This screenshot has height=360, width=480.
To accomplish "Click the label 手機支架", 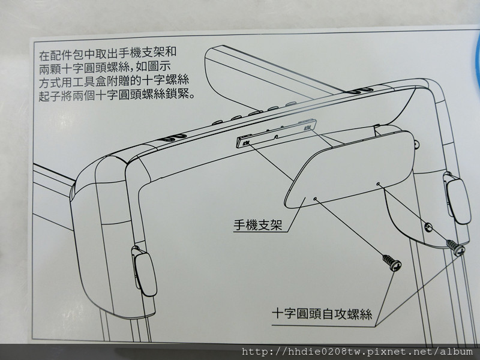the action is (x=258, y=225).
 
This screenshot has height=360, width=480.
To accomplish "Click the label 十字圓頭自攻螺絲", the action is (x=322, y=314).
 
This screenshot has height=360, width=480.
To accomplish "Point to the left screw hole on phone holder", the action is (x=315, y=199).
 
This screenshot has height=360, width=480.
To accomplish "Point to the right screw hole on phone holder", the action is (x=379, y=184).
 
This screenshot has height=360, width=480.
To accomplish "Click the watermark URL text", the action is (x=357, y=352).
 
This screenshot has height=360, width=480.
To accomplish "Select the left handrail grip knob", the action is (x=145, y=272).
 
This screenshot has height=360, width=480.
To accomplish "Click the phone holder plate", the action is (x=349, y=169).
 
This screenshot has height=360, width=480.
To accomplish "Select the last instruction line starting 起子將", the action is (x=117, y=95).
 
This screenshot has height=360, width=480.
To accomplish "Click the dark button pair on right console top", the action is (x=361, y=91).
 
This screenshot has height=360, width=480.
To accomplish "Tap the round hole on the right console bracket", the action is (x=428, y=227).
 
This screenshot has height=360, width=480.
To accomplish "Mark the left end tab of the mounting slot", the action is (x=244, y=142).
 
